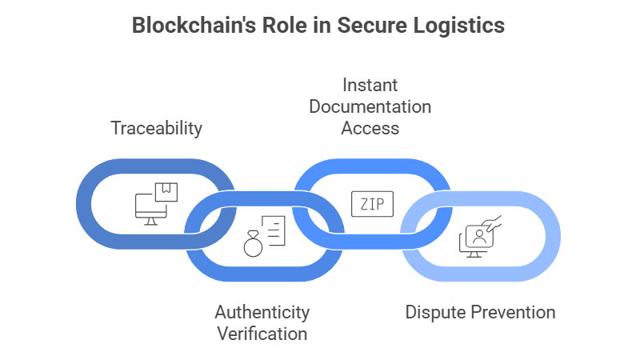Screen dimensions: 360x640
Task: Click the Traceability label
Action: (157, 128)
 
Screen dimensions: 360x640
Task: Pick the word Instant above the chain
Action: (370, 86)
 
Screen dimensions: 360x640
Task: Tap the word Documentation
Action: (370, 106)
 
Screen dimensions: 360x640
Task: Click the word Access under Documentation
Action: (370, 127)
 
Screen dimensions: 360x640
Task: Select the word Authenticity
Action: (262, 311)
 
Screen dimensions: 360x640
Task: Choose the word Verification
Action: (262, 332)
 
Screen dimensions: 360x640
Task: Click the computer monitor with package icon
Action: (154, 202)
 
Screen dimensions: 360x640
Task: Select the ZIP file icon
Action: (372, 203)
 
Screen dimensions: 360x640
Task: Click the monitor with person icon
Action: (479, 237)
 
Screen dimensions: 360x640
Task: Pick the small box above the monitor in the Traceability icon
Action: (167, 190)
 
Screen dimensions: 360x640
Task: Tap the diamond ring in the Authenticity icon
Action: (252, 246)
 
